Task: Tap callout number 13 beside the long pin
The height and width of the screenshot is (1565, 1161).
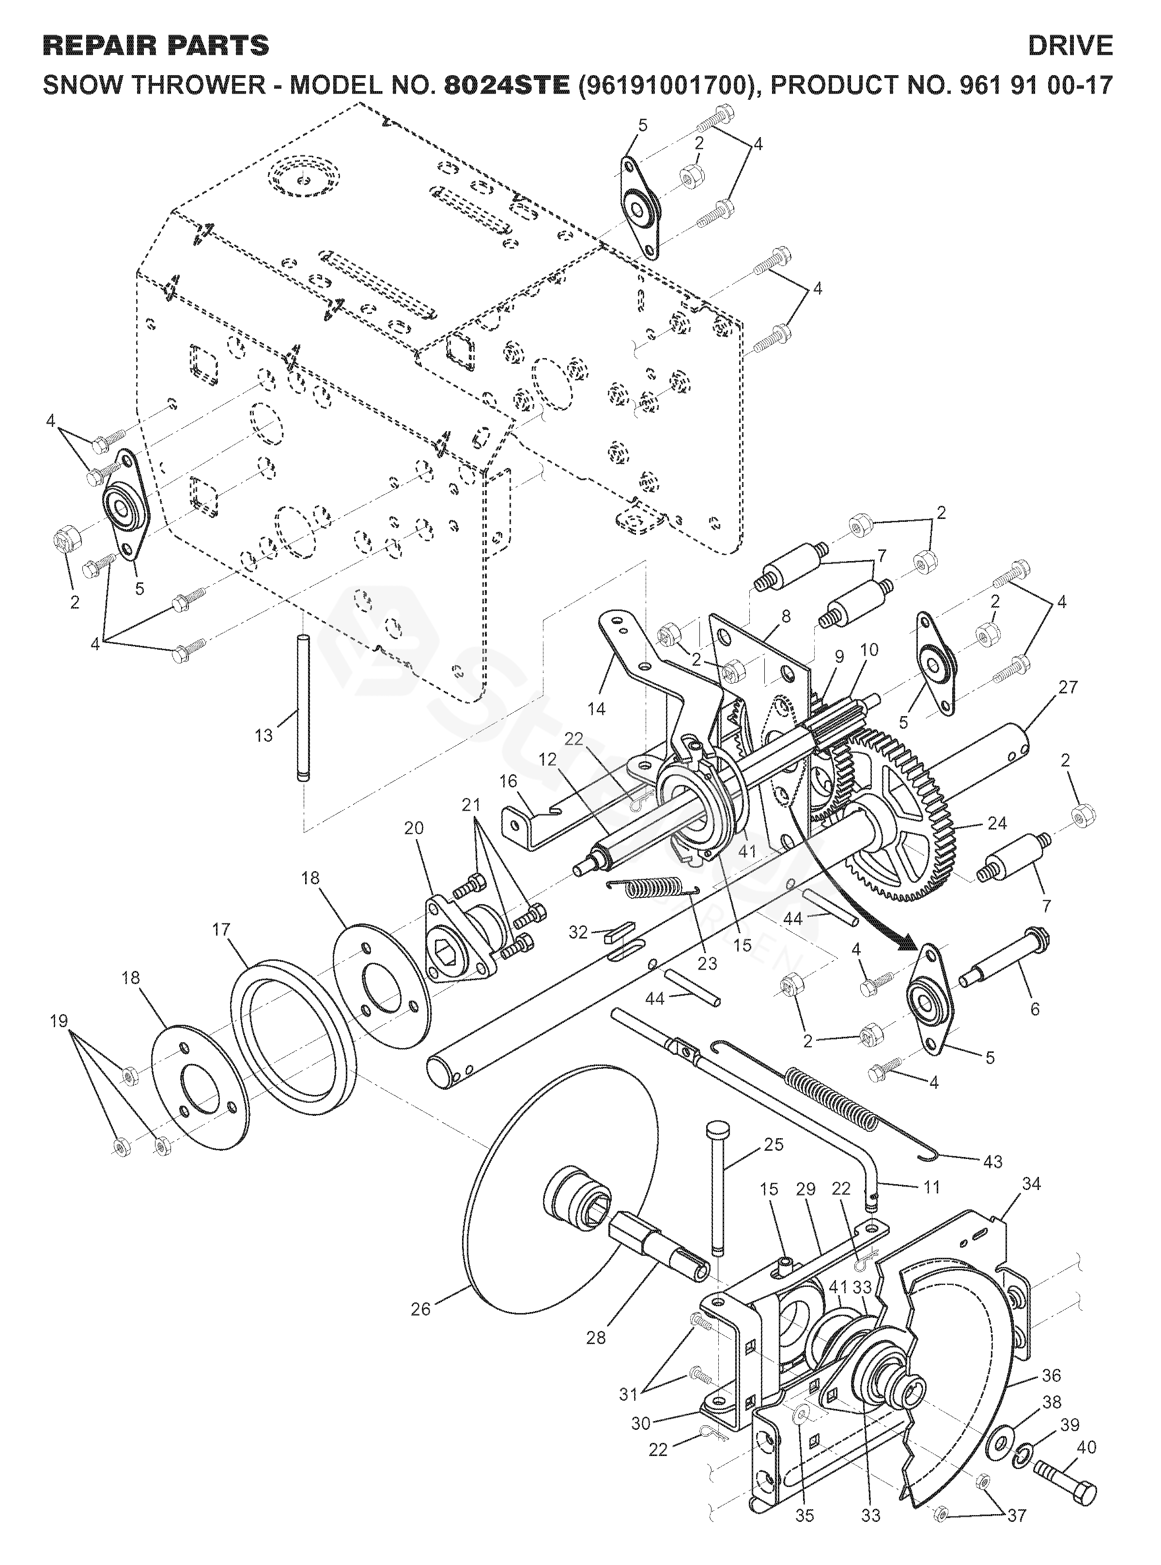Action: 263,736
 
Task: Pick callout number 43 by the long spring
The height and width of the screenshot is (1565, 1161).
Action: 992,1161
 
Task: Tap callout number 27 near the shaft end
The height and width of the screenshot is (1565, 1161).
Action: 1068,687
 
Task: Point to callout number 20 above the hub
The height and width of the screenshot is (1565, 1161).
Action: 414,828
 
